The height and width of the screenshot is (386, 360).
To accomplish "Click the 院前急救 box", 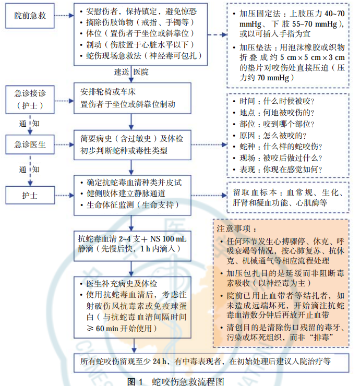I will click(x=30, y=16).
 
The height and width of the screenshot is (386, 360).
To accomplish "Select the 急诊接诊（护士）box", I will click(x=30, y=99).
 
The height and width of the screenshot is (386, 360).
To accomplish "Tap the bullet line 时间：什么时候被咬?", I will click(x=277, y=101).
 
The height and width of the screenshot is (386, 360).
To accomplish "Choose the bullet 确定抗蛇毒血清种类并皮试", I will click(x=133, y=182).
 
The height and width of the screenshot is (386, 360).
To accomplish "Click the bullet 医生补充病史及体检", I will click(x=120, y=284).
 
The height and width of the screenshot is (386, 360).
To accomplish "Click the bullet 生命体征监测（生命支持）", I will click(x=129, y=205).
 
